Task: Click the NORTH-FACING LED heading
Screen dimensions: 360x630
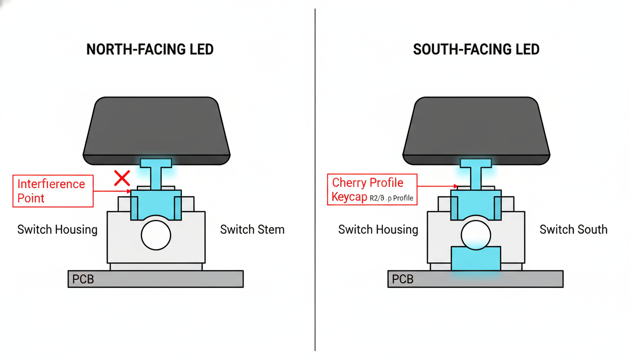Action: [x=150, y=49]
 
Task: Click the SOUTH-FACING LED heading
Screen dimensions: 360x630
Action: [x=476, y=49]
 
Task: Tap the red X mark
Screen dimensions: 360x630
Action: [x=122, y=178]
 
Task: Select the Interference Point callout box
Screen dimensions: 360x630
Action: [x=52, y=191]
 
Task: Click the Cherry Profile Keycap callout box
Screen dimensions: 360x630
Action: [x=372, y=189]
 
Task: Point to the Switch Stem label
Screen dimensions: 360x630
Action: [x=252, y=230]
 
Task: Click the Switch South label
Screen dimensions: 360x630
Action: [x=573, y=230]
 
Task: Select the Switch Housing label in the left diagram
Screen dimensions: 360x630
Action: [x=57, y=230]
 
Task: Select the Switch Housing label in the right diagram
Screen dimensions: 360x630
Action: [x=378, y=230]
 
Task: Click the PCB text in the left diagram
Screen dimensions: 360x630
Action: [x=83, y=279]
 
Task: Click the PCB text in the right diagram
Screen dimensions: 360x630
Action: [x=403, y=279]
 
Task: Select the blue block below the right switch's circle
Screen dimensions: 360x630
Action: [x=476, y=260]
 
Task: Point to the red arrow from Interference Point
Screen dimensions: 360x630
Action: [x=112, y=191]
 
